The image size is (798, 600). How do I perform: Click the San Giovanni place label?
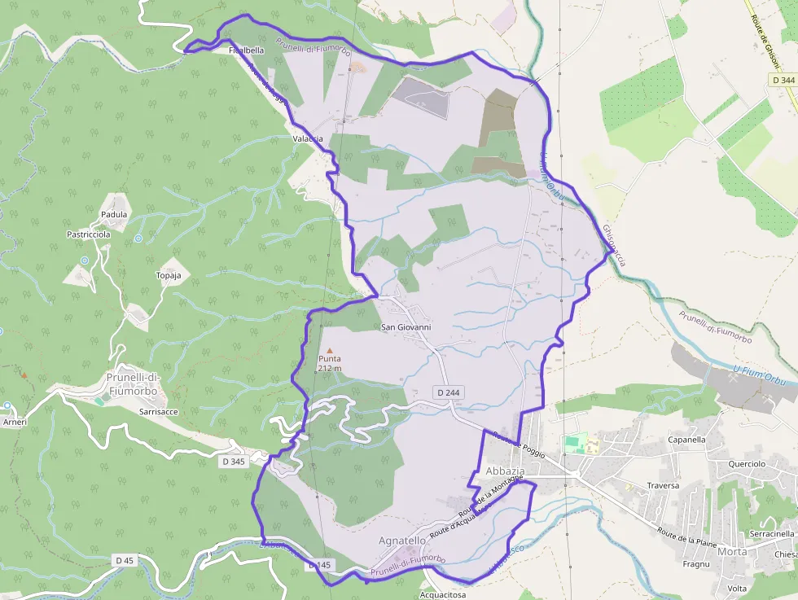tap(406, 327)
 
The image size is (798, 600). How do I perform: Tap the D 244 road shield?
tap(448, 392)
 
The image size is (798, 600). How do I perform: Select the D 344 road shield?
tap(783, 80)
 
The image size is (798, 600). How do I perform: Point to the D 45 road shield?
tap(124, 560)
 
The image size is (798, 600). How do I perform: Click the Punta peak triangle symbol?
tap(330, 349)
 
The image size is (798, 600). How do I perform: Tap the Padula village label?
tap(114, 215)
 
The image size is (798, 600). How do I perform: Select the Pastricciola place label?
tap(88, 234)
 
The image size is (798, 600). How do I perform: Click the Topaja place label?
tap(168, 276)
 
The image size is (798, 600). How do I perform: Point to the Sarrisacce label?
tap(158, 413)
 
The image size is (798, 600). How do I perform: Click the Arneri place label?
tap(15, 423)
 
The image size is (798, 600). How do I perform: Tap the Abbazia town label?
tap(505, 472)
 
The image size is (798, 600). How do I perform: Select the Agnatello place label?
tap(402, 541)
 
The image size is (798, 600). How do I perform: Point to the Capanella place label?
tap(686, 440)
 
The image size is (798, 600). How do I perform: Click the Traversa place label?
tap(663, 485)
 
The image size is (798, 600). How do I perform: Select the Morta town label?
tap(732, 551)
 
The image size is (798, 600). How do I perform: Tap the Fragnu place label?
tap(697, 564)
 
